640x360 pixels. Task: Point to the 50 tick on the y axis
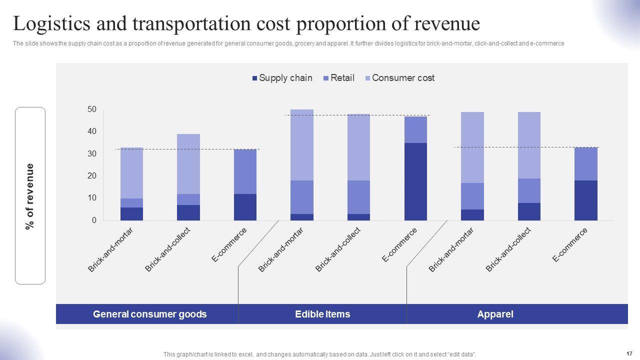coord(92,109)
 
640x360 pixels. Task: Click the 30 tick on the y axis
coord(92,154)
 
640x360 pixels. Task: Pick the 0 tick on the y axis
coord(94,220)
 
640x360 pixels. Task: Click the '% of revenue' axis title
coord(30,196)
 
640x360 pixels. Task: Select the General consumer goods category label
coord(149,314)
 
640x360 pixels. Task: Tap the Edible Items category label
coord(322,314)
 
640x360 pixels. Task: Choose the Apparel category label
coord(495,314)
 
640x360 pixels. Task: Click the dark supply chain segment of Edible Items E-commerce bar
coord(415,181)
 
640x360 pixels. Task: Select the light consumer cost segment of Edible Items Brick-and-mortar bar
coord(302,145)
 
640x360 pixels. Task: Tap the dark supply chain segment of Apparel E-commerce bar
coord(585,200)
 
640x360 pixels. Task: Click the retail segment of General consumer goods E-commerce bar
coord(245,171)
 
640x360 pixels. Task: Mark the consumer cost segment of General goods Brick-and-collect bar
coord(188,164)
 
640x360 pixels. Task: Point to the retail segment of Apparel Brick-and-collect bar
coord(529,190)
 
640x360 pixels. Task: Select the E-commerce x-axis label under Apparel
coord(570,244)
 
